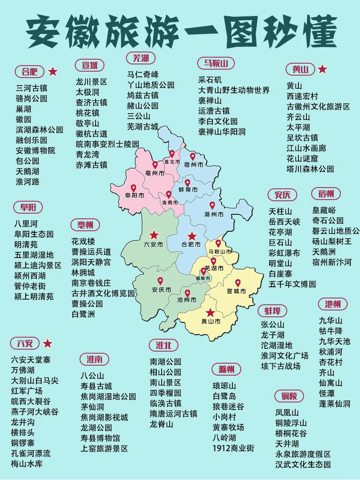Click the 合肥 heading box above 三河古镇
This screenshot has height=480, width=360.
[30, 72]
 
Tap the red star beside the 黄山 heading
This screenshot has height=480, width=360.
[322, 70]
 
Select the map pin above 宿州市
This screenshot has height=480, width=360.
[192, 156]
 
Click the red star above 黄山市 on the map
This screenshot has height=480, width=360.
[210, 313]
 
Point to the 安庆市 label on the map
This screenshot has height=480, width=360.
[162, 290]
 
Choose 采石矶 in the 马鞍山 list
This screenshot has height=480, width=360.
[210, 80]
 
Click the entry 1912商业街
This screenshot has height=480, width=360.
[233, 448]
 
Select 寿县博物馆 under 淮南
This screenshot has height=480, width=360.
[100, 438]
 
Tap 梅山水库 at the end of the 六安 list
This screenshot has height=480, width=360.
[27, 464]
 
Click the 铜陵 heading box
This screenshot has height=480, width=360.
[289, 396]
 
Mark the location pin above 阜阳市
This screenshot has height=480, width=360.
[133, 188]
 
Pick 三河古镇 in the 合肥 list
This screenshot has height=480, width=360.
[32, 88]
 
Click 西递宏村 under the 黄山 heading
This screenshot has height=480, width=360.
[302, 96]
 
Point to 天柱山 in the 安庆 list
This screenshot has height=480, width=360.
[280, 211]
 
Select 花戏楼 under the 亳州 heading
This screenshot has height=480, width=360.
[83, 241]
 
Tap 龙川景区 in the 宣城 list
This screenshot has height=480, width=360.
[92, 82]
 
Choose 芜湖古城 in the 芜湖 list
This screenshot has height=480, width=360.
[143, 126]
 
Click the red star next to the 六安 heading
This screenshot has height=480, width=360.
[48, 343]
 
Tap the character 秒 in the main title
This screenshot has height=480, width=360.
[272, 31]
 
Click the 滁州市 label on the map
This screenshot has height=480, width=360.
[214, 214]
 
